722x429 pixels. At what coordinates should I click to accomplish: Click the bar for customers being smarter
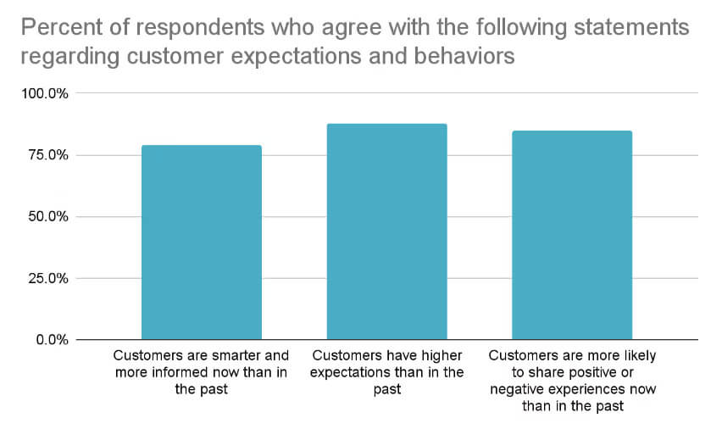coord(201,242)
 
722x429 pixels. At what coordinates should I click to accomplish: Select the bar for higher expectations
coord(386,231)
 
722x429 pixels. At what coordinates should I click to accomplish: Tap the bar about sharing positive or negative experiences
coord(572,235)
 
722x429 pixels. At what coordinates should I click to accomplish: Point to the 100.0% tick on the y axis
coord(47,93)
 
